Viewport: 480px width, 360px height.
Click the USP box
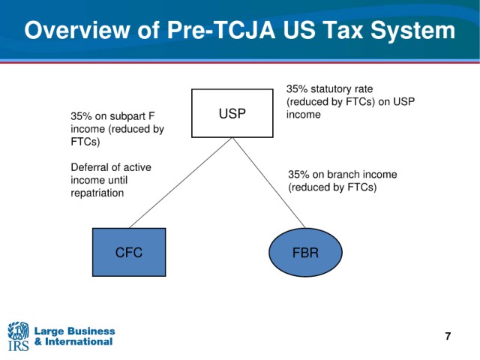point(232,113)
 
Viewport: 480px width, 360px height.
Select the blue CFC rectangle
point(129,252)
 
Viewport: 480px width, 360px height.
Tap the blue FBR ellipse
point(305,252)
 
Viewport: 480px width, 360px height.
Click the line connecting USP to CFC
point(181,183)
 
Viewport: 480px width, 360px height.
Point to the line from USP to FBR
point(269,183)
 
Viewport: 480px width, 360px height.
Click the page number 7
point(448,336)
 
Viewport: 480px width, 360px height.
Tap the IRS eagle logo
point(18,336)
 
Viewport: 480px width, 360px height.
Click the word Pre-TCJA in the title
point(221,30)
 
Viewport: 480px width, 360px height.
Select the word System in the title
point(413,31)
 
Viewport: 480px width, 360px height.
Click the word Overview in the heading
point(77,30)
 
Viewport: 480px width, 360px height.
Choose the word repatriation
point(97,193)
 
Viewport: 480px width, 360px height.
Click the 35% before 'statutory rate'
point(297,88)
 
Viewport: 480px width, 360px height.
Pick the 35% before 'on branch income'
point(298,174)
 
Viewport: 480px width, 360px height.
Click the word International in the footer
point(79,342)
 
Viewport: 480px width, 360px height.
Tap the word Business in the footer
point(90,331)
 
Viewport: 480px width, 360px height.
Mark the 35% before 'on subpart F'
point(81,116)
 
